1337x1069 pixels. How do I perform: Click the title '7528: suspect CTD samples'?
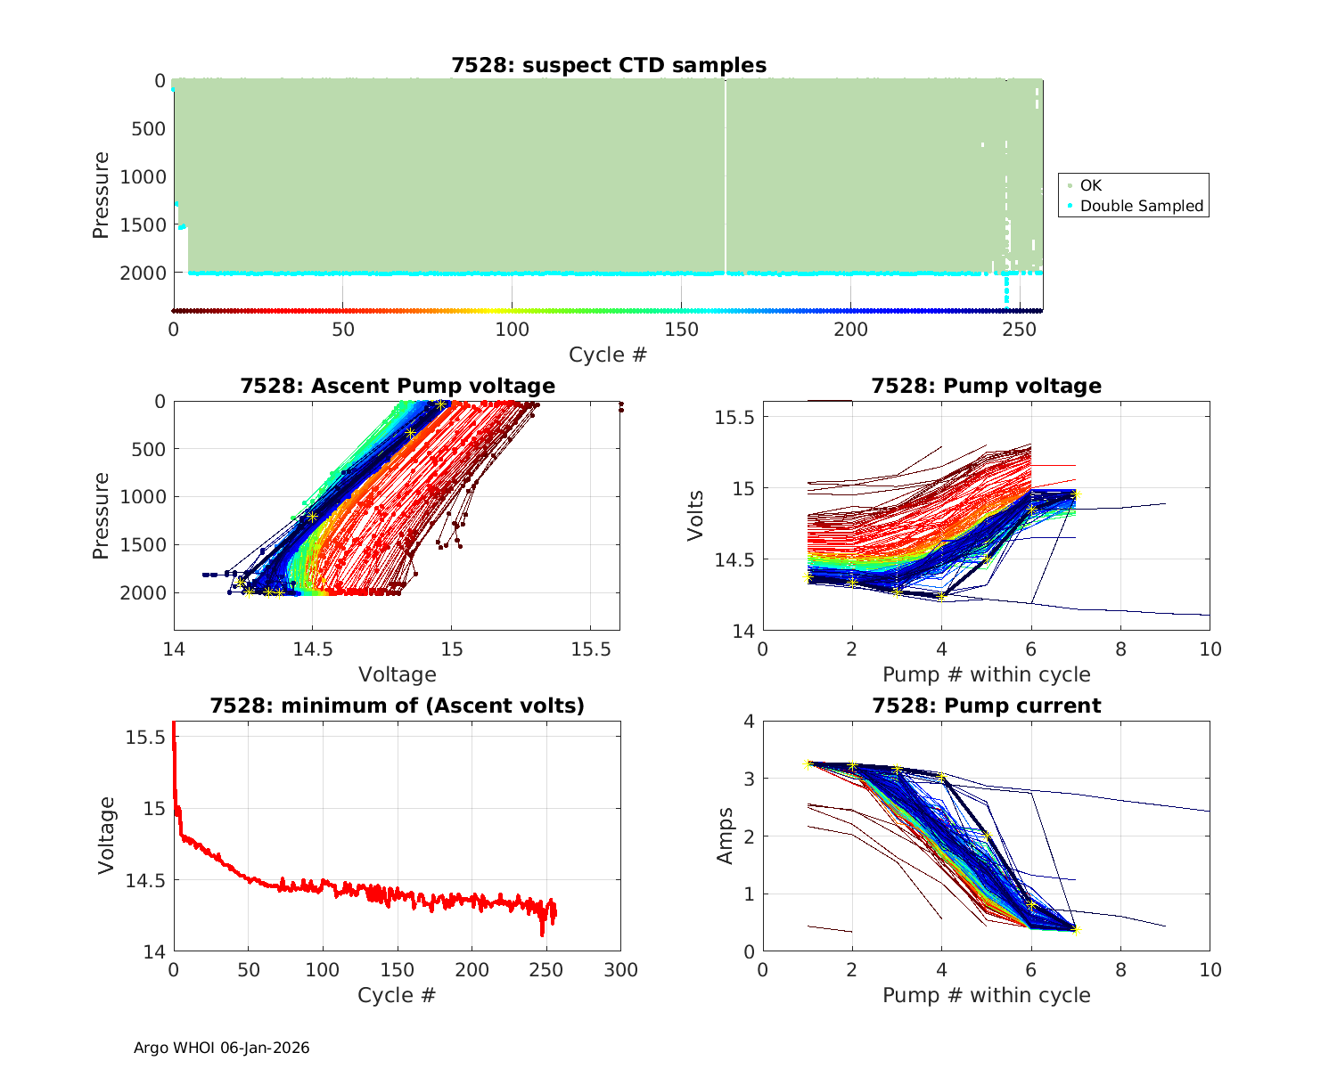[x=609, y=65]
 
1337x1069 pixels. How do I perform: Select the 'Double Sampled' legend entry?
[x=1141, y=206]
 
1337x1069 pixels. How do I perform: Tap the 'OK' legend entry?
[x=1090, y=185]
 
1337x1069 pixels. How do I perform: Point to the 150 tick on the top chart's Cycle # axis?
[x=681, y=330]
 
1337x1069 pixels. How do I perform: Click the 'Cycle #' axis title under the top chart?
[x=608, y=355]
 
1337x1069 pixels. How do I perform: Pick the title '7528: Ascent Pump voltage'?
[x=398, y=386]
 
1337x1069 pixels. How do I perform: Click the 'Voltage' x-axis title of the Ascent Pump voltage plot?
[x=398, y=674]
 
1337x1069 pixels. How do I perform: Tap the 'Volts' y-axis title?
[x=696, y=515]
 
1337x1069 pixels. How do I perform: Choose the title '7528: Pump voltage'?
[x=986, y=386]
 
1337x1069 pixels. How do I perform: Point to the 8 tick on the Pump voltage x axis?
[x=1120, y=649]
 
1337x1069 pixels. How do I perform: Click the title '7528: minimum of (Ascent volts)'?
[x=398, y=706]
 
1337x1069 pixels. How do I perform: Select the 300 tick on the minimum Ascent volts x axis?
[x=620, y=970]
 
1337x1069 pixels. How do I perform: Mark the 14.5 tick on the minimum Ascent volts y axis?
[x=145, y=880]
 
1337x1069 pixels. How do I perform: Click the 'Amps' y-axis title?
[x=726, y=836]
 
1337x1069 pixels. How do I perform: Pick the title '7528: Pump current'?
[x=986, y=706]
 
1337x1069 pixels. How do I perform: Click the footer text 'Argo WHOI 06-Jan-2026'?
[x=222, y=1048]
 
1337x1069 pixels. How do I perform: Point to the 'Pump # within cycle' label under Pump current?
[x=986, y=995]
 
